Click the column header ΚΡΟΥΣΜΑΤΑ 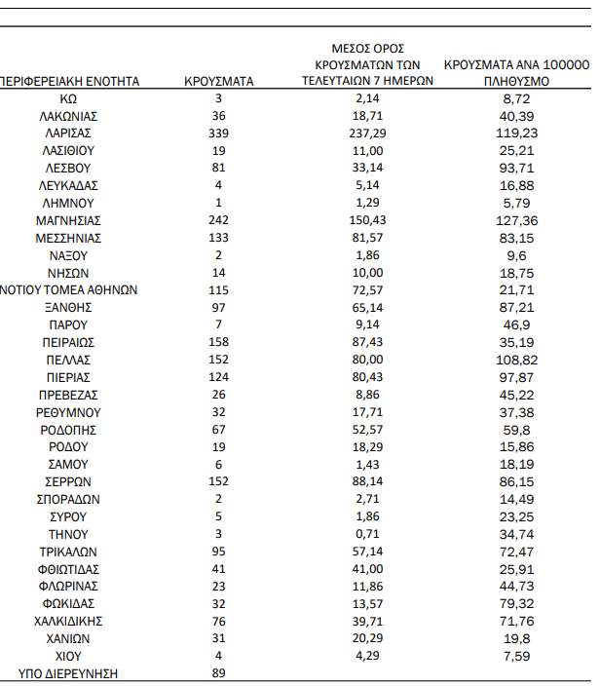[218, 82]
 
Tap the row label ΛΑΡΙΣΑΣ [67, 133]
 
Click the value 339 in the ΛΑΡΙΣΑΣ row [218, 133]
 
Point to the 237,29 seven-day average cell [366, 133]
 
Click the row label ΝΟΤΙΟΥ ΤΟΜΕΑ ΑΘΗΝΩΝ [69, 290]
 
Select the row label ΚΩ [67, 99]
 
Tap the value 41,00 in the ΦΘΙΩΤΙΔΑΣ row [366, 569]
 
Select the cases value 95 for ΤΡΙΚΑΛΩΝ [218, 552]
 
